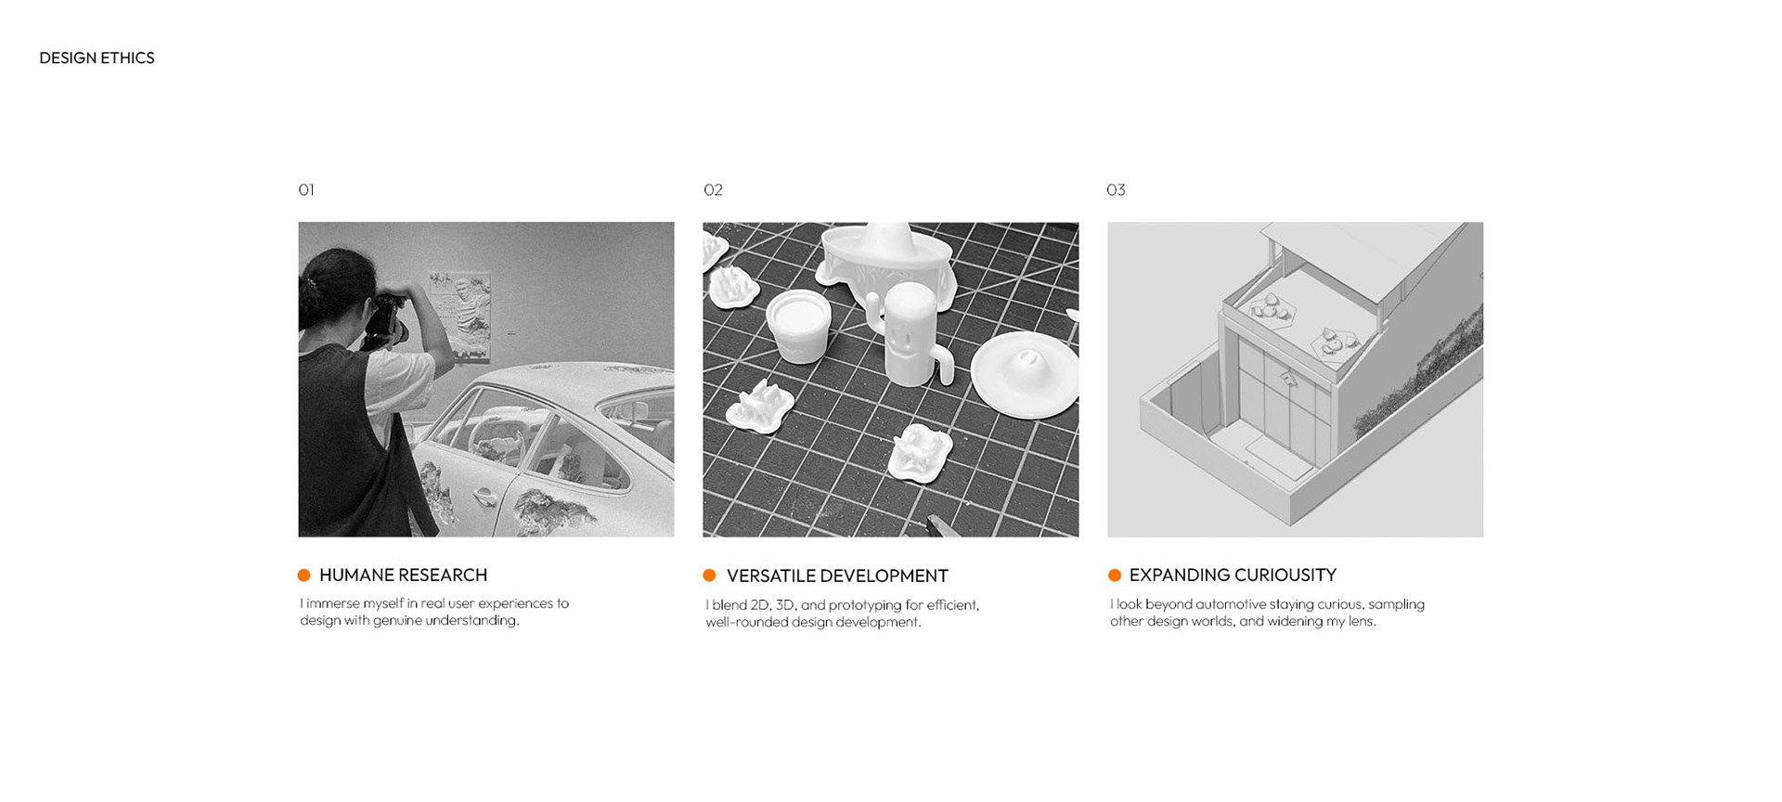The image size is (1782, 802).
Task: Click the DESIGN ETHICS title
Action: (x=97, y=58)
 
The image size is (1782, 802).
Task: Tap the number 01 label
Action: (x=306, y=189)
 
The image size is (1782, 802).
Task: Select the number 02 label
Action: (x=713, y=189)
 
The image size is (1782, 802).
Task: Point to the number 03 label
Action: (x=1116, y=189)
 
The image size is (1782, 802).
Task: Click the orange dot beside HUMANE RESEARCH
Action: (x=303, y=576)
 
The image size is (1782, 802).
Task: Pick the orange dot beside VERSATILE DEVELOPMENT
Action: (x=709, y=576)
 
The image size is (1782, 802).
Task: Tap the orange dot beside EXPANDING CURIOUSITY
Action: (x=1115, y=576)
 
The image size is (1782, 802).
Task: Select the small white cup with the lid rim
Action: (x=798, y=325)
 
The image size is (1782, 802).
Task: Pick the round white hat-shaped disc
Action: (x=1025, y=374)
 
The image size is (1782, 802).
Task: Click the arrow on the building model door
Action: (x=1288, y=377)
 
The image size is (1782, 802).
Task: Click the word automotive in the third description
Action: (x=1231, y=604)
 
